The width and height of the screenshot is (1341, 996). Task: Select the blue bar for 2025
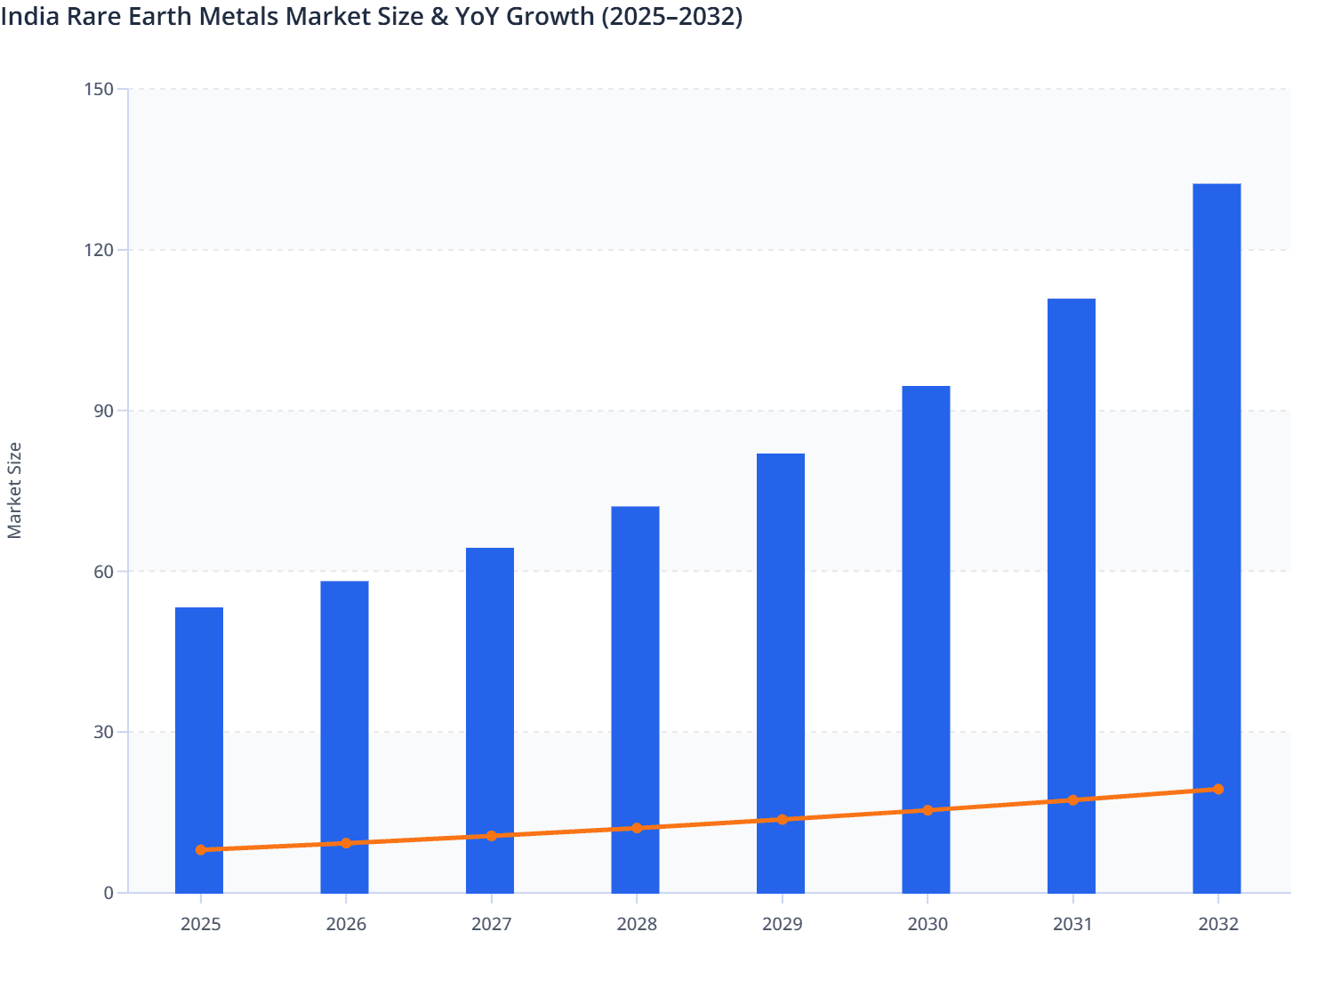tap(199, 729)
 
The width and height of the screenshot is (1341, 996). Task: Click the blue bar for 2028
tap(635, 676)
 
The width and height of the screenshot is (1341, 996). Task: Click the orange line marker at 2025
tap(201, 850)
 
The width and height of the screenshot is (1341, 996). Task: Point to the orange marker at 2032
tap(1218, 790)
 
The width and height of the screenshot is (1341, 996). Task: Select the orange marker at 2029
tap(783, 820)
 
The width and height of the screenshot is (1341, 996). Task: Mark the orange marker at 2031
tap(1072, 800)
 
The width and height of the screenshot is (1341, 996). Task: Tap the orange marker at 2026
tap(346, 843)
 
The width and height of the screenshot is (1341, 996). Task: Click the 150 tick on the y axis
tap(99, 89)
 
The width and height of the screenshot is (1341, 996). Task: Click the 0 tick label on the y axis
tap(108, 893)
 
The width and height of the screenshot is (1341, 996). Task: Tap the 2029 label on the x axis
tap(782, 924)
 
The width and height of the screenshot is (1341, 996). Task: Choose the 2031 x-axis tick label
tap(1072, 924)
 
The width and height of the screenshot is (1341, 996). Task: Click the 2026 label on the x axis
tap(346, 924)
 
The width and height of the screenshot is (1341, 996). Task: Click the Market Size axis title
tap(15, 490)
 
